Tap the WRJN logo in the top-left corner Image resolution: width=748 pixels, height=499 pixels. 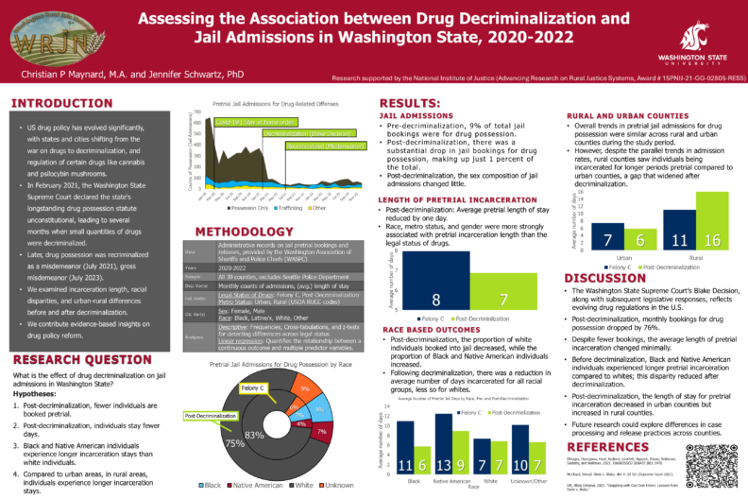(x=37, y=38)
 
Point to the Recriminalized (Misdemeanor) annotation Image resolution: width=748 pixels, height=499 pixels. (x=316, y=146)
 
